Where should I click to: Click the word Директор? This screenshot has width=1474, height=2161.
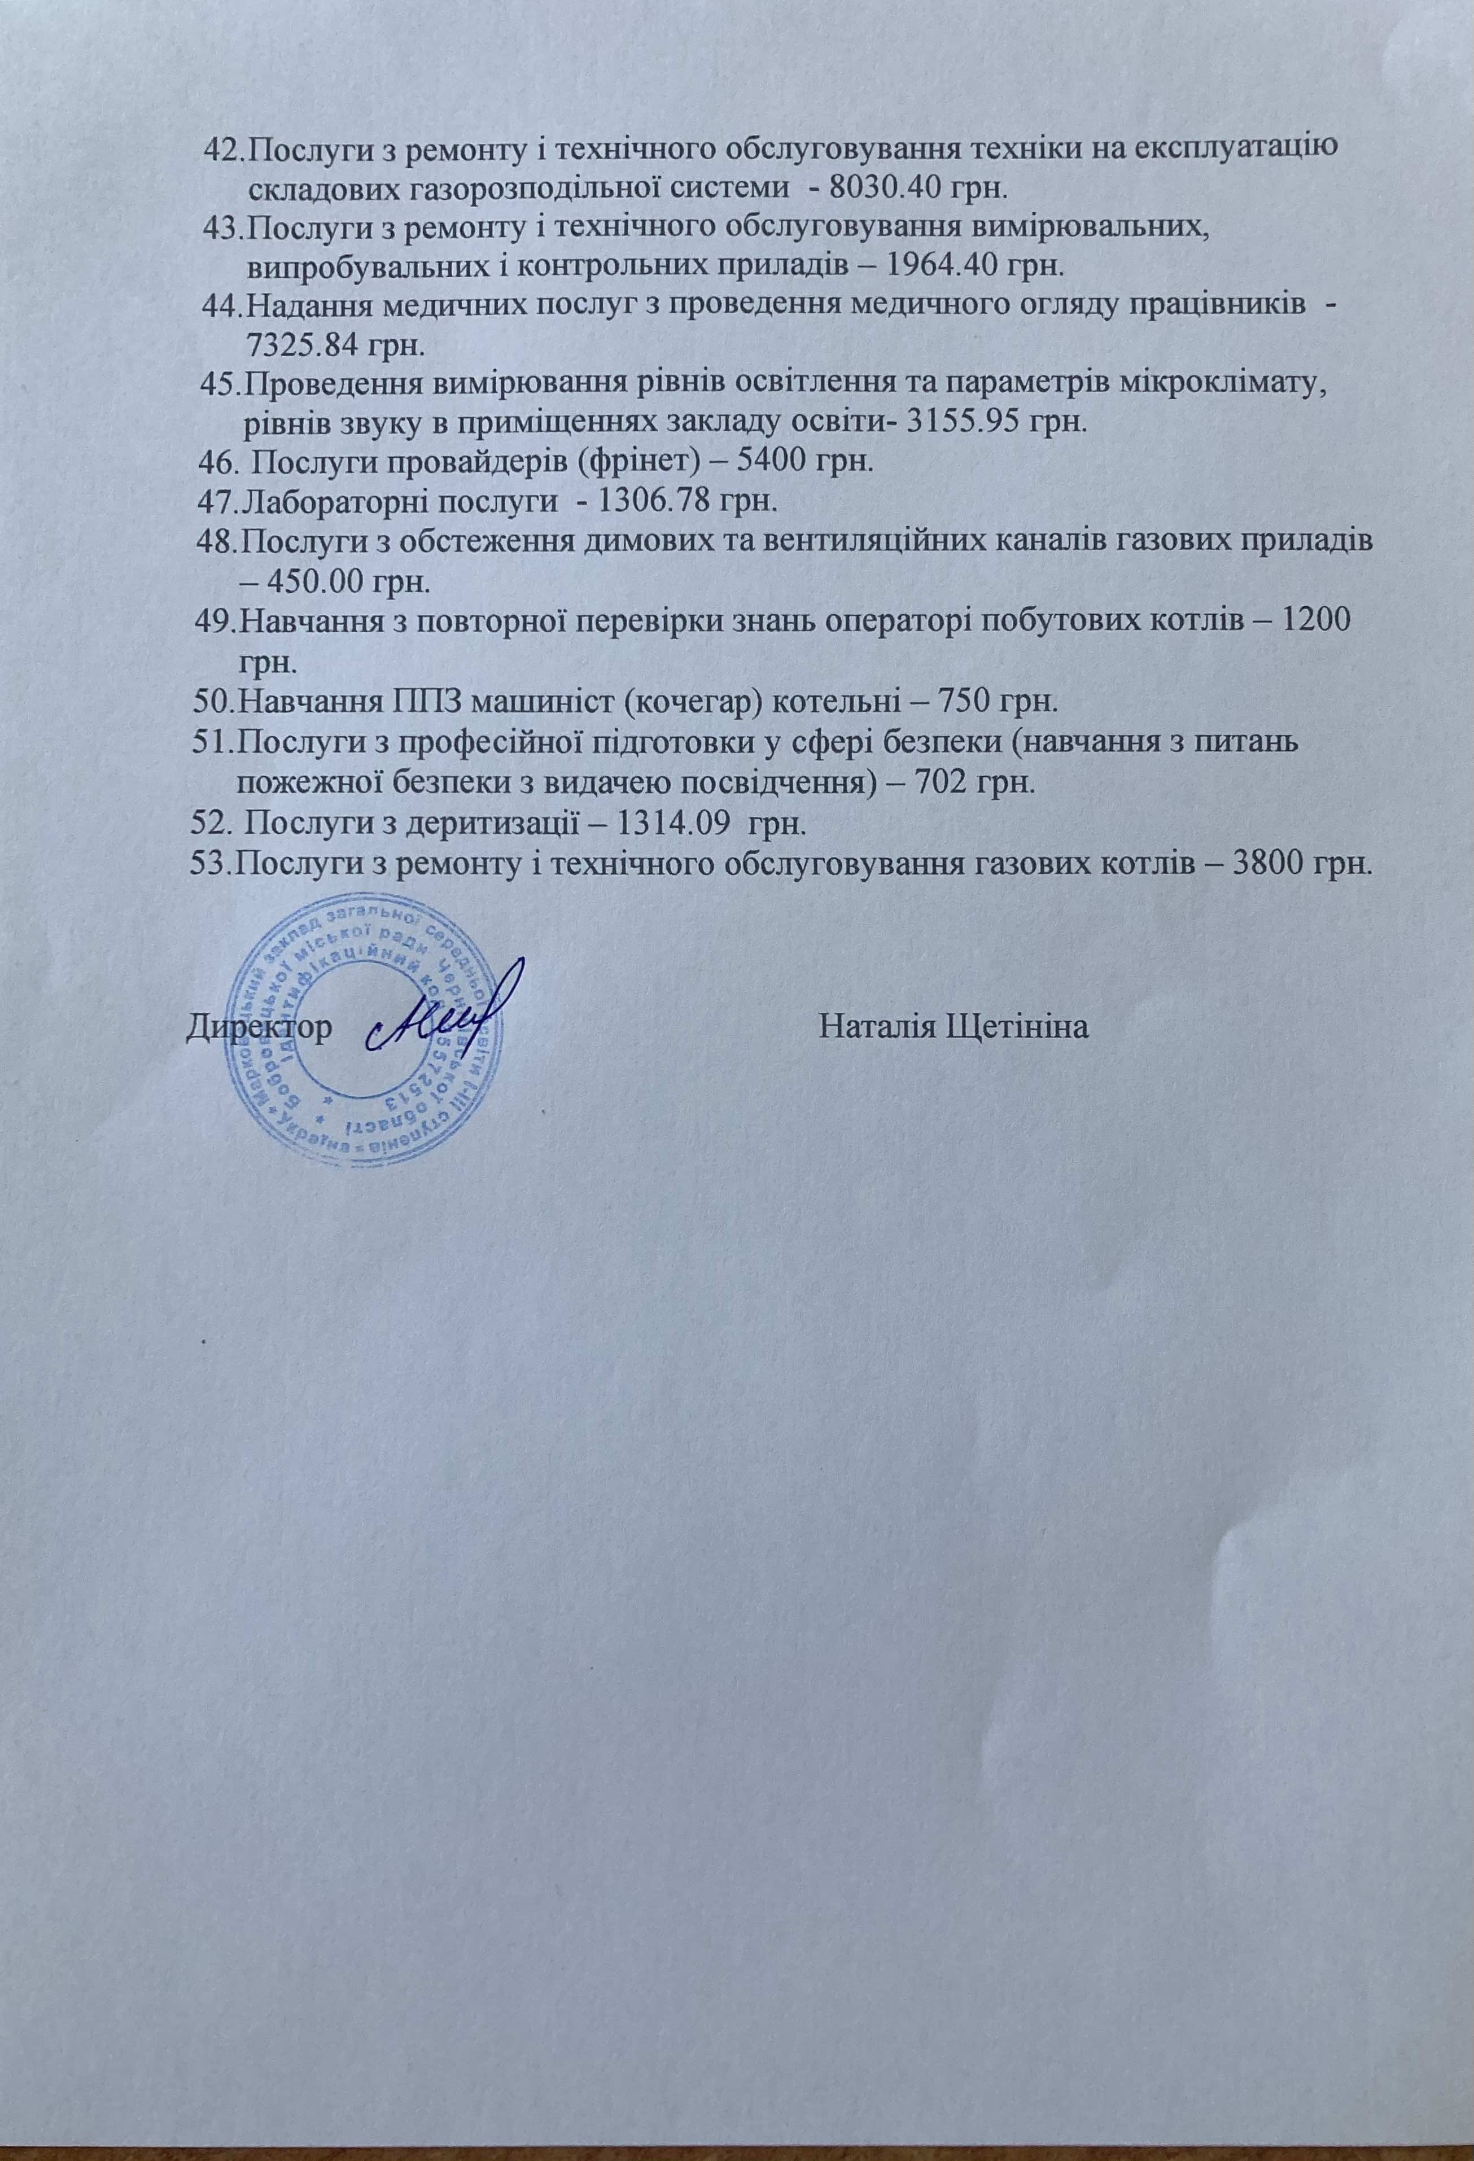(x=260, y=1029)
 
